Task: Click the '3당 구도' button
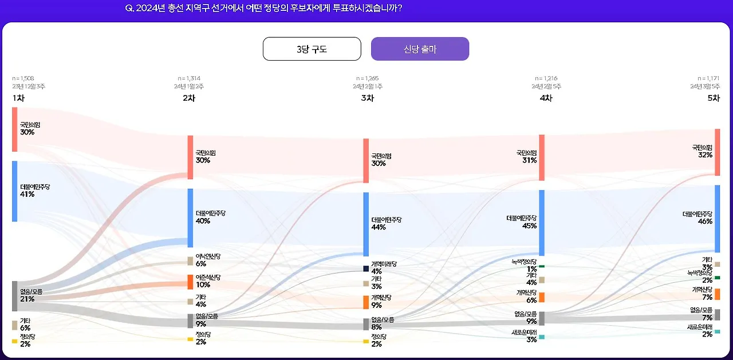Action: tap(312, 49)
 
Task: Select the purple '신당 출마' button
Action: tap(420, 49)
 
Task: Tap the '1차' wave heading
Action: tap(18, 98)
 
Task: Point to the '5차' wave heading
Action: tap(713, 98)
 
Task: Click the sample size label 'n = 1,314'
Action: tap(189, 78)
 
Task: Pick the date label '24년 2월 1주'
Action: tap(367, 86)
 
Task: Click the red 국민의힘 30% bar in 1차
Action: tap(15, 129)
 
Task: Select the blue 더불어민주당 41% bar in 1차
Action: tap(15, 191)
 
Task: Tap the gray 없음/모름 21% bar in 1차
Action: tap(15, 296)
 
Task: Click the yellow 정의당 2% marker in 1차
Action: tap(15, 341)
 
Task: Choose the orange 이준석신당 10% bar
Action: tap(190, 282)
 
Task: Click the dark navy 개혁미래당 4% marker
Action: tap(366, 268)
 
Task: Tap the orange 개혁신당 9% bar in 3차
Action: tap(366, 302)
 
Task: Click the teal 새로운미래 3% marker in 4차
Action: tap(542, 337)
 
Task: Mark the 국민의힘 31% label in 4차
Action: tap(526, 157)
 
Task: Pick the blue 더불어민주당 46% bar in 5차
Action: tap(717, 219)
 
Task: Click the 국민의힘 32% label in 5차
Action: tap(702, 151)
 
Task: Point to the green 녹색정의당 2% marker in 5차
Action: tap(717, 278)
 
